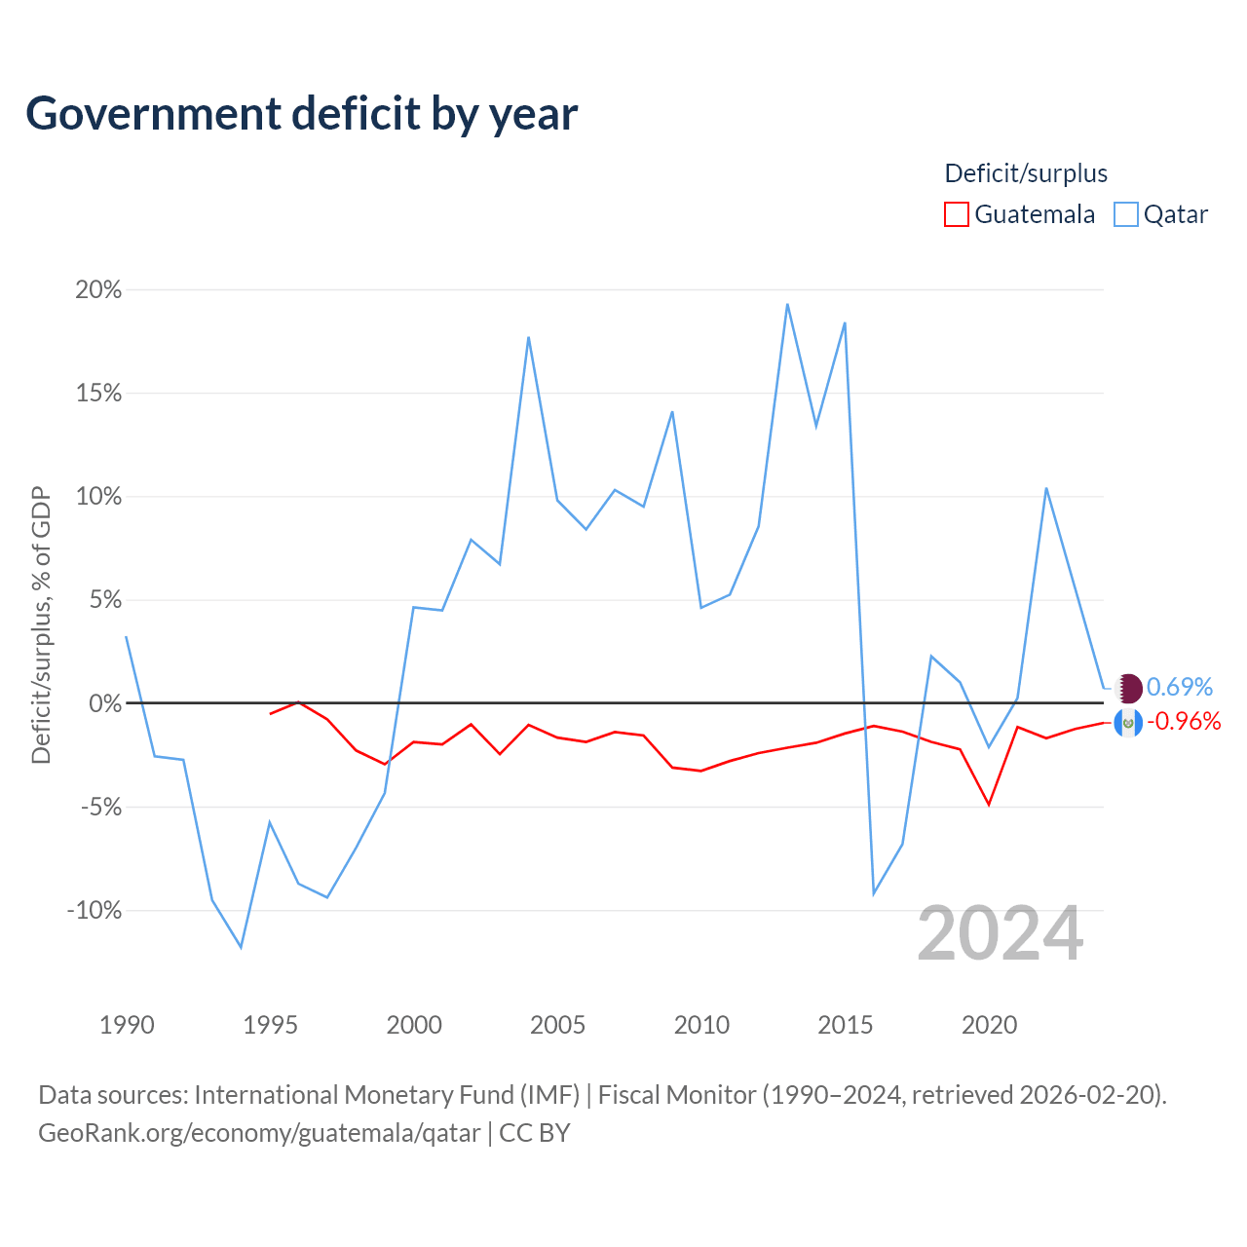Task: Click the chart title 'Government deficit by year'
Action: pyautogui.click(x=301, y=115)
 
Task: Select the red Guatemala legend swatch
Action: pyautogui.click(x=956, y=214)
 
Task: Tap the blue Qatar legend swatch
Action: pyautogui.click(x=1125, y=214)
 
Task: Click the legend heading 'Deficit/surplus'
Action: pyautogui.click(x=1026, y=173)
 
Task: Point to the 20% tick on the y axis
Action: pyautogui.click(x=98, y=290)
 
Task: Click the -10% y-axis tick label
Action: pyautogui.click(x=94, y=911)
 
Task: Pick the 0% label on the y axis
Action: pyautogui.click(x=105, y=703)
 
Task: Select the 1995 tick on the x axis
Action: pyautogui.click(x=271, y=1025)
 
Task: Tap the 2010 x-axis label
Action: pyautogui.click(x=701, y=1025)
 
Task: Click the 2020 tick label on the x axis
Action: pyautogui.click(x=989, y=1025)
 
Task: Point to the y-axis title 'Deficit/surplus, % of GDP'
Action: pyautogui.click(x=41, y=625)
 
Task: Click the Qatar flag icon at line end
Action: pyautogui.click(x=1128, y=688)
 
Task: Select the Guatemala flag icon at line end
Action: pyautogui.click(x=1128, y=723)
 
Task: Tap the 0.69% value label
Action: pyautogui.click(x=1179, y=687)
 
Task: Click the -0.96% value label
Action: pyautogui.click(x=1184, y=722)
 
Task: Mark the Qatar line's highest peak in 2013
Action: pyautogui.click(x=787, y=304)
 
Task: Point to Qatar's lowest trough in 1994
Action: pyautogui.click(x=242, y=947)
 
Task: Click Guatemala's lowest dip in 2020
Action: pyautogui.click(x=989, y=805)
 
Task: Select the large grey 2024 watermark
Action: pyautogui.click(x=1000, y=934)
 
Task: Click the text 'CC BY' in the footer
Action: pyautogui.click(x=535, y=1133)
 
